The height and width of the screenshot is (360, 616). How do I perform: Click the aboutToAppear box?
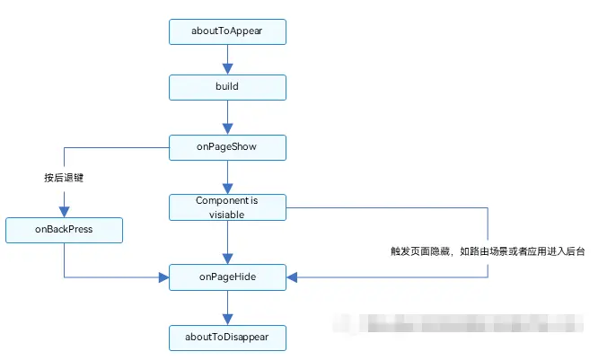click(227, 31)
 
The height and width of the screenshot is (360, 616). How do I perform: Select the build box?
click(227, 87)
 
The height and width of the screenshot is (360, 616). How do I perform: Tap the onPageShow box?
click(227, 147)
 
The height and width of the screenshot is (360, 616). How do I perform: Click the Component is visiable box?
click(227, 207)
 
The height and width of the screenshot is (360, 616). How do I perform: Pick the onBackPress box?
click(64, 230)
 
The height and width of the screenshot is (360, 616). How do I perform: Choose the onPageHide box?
click(227, 277)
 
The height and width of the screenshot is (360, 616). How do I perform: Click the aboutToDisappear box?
click(227, 338)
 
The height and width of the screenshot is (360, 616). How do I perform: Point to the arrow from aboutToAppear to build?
click(227, 59)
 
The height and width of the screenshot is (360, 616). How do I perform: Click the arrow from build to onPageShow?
click(227, 117)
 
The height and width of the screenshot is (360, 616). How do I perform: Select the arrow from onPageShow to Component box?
click(227, 176)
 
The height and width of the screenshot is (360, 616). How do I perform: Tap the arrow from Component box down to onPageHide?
click(227, 242)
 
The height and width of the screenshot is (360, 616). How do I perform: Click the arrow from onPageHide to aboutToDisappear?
click(227, 307)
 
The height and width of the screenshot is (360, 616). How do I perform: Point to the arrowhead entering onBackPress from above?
click(64, 211)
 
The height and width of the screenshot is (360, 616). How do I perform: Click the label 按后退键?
click(63, 178)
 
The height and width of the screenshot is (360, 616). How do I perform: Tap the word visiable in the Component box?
click(227, 215)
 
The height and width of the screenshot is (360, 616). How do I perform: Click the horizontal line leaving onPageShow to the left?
click(117, 147)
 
